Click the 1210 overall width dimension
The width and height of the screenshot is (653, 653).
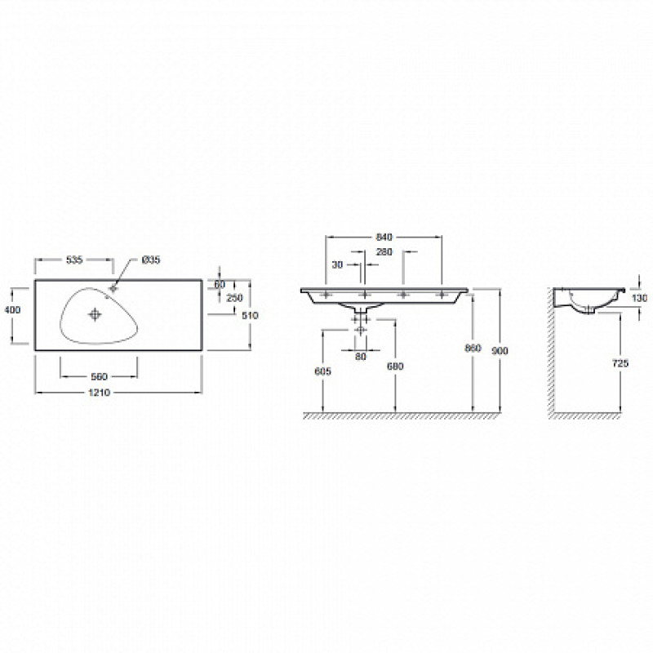[x=99, y=393]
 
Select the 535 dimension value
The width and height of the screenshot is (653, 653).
[x=74, y=260]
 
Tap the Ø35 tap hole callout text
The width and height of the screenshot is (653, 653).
[x=151, y=260]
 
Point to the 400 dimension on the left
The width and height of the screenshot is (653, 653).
[x=12, y=310]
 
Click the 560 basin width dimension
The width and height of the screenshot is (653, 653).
[x=99, y=376]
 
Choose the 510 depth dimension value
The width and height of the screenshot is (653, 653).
[x=250, y=315]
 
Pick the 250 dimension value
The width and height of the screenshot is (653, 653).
[x=234, y=298]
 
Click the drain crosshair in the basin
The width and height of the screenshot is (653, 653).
[x=96, y=314]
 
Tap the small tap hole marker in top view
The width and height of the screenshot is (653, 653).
[x=113, y=288]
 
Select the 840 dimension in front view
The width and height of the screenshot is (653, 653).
[x=384, y=237]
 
